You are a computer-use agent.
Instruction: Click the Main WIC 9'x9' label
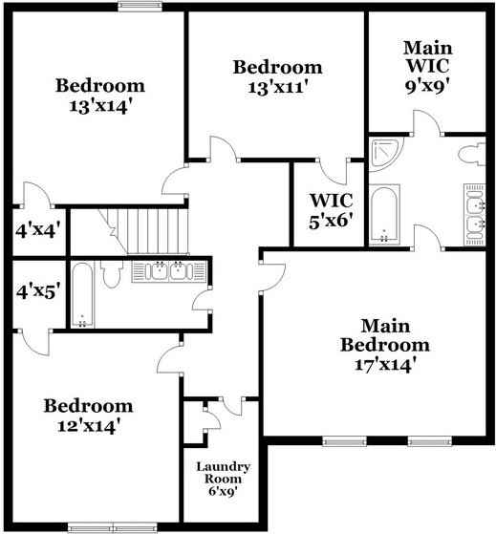tap(427, 64)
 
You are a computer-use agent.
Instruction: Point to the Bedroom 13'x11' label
tap(277, 76)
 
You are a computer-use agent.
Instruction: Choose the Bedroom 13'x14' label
tap(99, 95)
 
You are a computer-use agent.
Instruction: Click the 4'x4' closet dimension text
tap(36, 230)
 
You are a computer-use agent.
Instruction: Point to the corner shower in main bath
tap(385, 153)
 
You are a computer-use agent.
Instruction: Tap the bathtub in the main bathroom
tap(383, 216)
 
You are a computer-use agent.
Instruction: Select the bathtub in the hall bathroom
tap(81, 294)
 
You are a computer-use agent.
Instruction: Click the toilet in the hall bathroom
tap(111, 275)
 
